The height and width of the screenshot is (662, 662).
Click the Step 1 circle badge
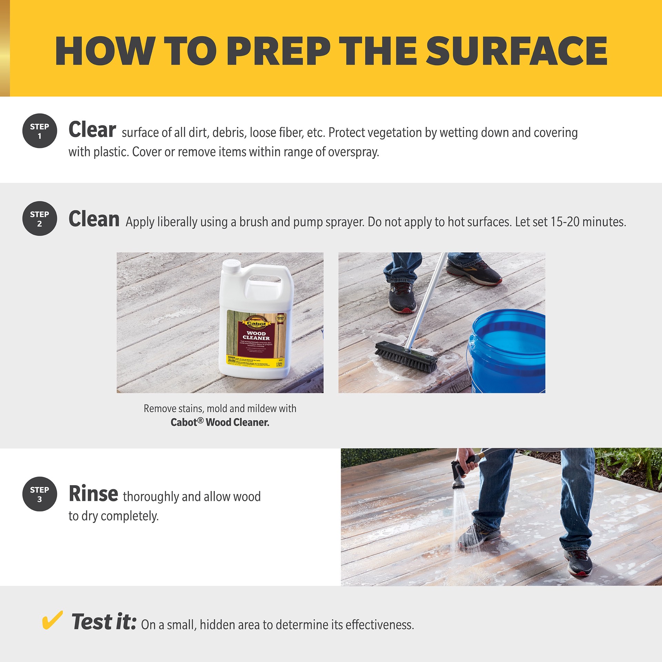point(40,131)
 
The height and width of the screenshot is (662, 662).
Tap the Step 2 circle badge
point(40,219)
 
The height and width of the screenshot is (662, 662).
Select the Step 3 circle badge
point(40,494)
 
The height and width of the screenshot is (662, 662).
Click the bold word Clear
point(92,130)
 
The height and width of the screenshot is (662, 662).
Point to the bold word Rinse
point(93,494)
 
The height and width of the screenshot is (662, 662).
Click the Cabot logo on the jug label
point(257,323)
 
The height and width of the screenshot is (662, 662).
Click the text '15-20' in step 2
point(565,222)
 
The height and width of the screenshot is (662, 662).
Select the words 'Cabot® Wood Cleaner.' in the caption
point(220,422)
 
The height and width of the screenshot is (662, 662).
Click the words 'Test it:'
point(104,622)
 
